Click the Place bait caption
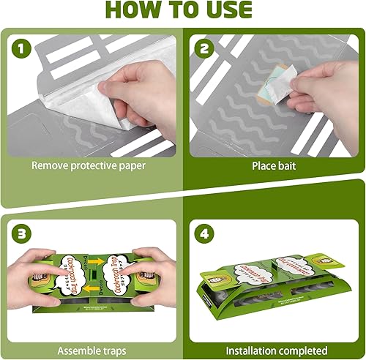pyautogui.click(x=275, y=166)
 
